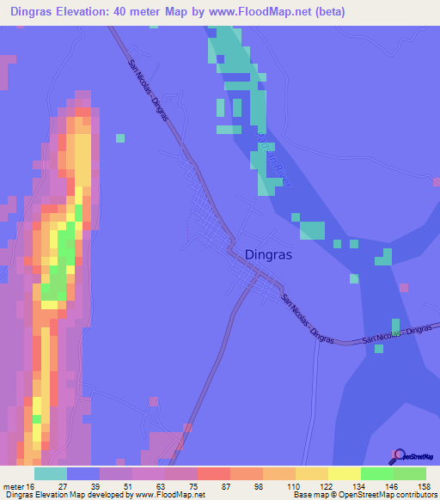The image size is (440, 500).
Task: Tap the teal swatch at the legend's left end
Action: tap(51, 473)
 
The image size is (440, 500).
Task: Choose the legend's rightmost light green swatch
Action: tap(410, 473)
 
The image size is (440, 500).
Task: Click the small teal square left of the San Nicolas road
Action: tap(119, 137)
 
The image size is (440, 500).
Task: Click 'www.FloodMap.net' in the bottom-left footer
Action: tap(162, 495)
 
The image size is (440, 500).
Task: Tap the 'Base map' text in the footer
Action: tap(312, 495)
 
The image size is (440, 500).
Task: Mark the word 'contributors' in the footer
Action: tap(415, 495)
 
